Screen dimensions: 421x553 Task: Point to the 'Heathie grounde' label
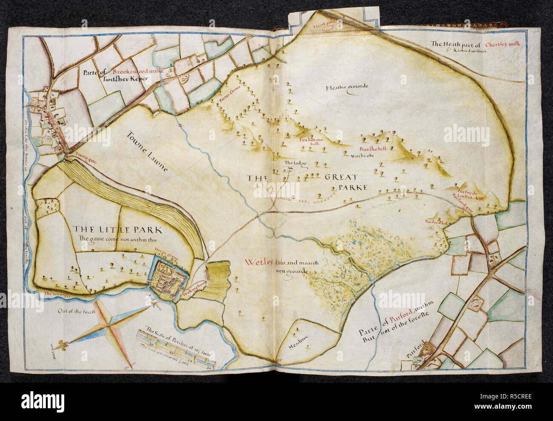click(x=346, y=88)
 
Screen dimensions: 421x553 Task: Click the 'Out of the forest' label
click(x=74, y=311)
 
